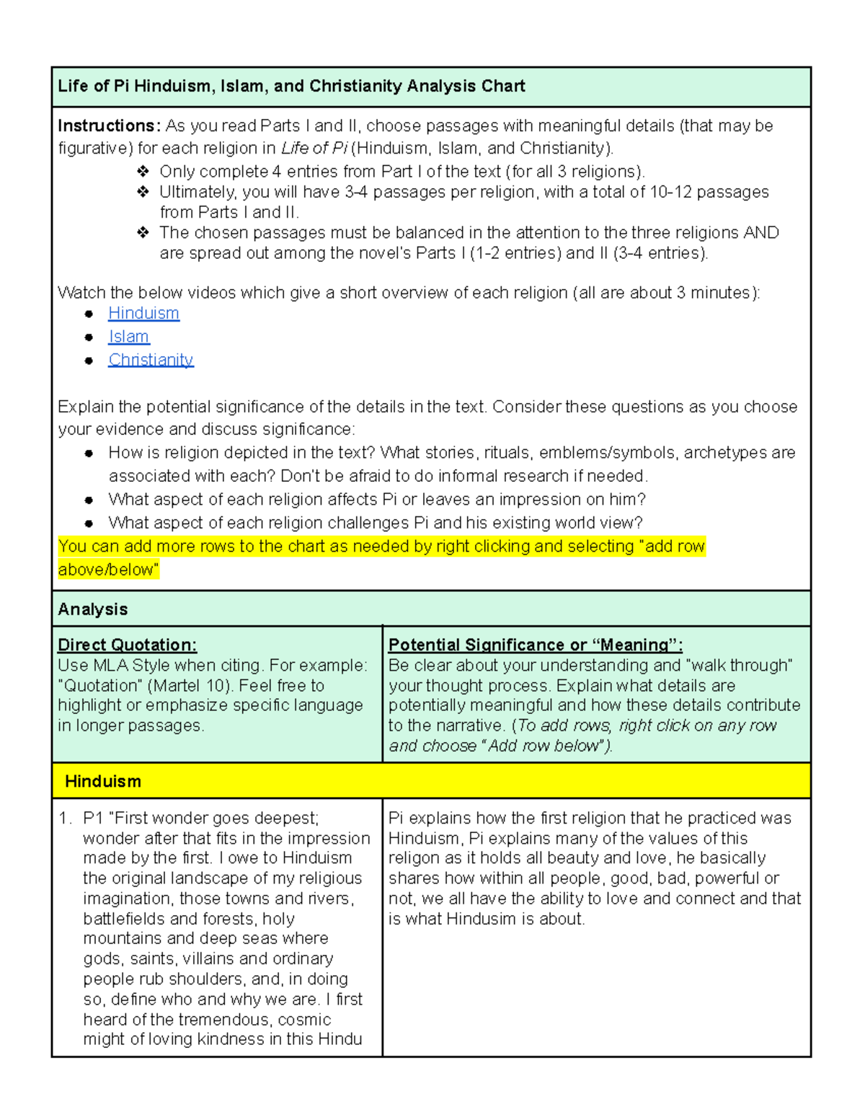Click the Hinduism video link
[143, 314]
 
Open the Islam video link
[129, 337]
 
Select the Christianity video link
[151, 360]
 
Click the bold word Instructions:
[109, 126]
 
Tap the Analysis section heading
[93, 609]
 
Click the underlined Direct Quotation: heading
[127, 645]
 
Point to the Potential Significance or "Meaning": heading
[535, 645]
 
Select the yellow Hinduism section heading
[103, 782]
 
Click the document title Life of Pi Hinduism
[291, 87]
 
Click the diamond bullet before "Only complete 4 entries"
[143, 172]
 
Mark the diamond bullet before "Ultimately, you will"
[143, 192]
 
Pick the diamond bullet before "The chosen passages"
[143, 233]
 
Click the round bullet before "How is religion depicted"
[89, 454]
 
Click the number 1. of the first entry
[65, 819]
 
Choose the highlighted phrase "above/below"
[107, 570]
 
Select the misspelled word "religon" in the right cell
[414, 858]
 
